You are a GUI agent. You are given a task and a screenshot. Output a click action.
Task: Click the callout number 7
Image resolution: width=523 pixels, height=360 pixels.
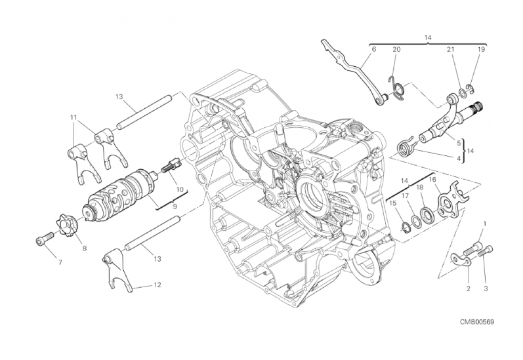click(x=60, y=263)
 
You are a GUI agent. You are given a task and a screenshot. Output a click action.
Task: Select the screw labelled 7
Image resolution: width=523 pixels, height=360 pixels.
click(x=45, y=238)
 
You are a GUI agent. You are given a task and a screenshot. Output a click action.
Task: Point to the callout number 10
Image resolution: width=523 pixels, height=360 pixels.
click(x=180, y=190)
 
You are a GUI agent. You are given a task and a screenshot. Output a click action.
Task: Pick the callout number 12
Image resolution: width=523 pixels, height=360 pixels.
click(x=157, y=285)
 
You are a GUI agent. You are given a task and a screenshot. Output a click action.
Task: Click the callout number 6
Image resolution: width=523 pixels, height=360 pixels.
click(x=373, y=49)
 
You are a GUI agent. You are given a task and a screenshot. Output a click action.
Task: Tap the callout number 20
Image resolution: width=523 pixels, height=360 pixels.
click(x=396, y=49)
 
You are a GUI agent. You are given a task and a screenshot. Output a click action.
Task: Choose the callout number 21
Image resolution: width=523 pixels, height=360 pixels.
click(x=451, y=49)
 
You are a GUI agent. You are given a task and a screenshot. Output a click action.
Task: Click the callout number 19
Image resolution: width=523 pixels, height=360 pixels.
click(x=481, y=49)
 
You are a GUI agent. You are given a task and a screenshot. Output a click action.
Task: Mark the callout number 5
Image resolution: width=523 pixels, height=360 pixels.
click(x=459, y=143)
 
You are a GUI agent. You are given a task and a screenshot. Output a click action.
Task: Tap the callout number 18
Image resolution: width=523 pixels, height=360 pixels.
click(x=419, y=188)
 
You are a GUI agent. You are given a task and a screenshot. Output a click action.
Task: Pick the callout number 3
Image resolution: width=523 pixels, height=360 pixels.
click(x=486, y=289)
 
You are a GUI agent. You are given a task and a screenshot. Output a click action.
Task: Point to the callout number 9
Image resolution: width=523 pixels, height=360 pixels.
click(x=175, y=207)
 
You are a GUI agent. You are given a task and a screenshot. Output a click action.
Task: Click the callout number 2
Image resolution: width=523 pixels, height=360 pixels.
click(x=469, y=289)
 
